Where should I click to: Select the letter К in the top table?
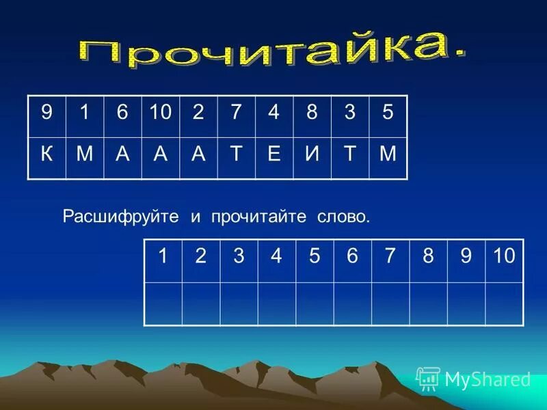point(46,152)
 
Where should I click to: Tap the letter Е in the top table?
point(273,152)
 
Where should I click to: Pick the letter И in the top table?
point(312,152)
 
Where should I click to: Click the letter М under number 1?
point(84,152)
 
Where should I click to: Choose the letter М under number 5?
point(388,152)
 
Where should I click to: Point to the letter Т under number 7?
point(236,152)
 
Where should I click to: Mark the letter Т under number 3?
point(350,152)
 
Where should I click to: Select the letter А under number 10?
point(160,152)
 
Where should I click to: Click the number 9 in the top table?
point(46,113)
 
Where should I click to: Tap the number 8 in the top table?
point(312,113)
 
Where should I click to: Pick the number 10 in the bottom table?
point(503,256)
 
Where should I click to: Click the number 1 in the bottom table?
point(163,256)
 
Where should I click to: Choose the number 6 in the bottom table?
point(352,256)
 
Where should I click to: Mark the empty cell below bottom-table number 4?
point(276,303)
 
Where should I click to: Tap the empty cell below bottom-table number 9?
point(466,303)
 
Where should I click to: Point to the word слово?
point(343,217)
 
